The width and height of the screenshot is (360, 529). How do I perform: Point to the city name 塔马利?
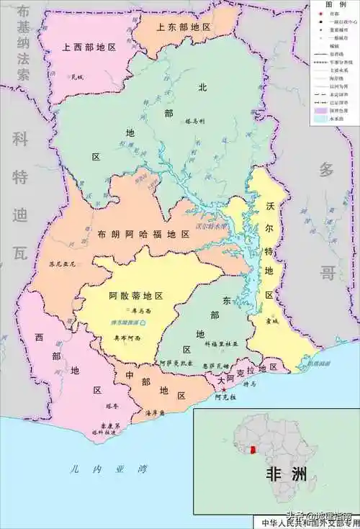coord(196,122)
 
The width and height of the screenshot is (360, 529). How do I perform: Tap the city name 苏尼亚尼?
coord(62,263)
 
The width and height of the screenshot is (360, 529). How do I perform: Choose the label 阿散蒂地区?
coord(136,296)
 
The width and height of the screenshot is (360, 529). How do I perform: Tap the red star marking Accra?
coord(224,389)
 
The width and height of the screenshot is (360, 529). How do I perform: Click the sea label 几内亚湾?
coord(108,469)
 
